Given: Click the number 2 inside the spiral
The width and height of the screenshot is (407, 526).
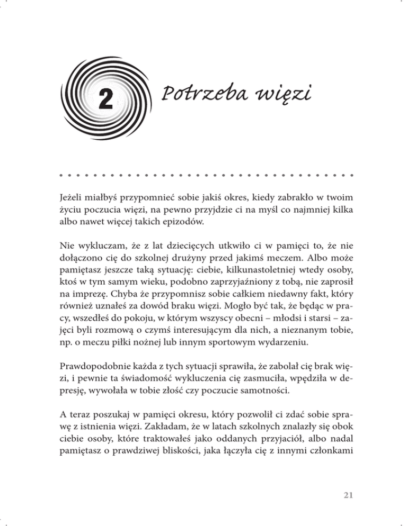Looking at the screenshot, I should pos(105,99).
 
